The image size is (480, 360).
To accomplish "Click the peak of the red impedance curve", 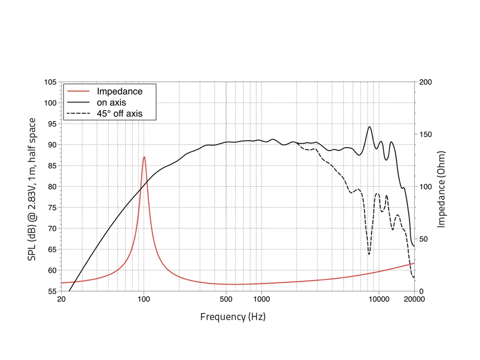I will coord(144,157).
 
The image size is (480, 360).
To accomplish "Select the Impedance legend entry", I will coord(120,91).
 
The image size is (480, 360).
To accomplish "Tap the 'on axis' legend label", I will coord(112,102).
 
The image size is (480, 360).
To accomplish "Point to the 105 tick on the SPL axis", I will coord(50,82).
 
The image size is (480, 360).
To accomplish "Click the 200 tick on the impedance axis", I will coord(425,82).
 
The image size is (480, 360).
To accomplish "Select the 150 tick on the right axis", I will coord(425,134).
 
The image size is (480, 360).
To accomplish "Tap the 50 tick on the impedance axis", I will coord(423,239).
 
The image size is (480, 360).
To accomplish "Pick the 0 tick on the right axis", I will coord(421,291).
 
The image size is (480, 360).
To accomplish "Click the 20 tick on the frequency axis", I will coord(61,300).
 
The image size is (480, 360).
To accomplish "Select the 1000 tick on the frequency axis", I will coord(261,300).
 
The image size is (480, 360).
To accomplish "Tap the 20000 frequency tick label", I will coord(414,300).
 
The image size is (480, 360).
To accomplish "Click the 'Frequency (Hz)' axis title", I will coord(233,317).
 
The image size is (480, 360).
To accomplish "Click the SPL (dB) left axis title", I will coord(32,189).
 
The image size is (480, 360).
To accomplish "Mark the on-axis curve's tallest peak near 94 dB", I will coord(369,127).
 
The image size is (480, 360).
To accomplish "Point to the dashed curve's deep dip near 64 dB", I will coord(369,254).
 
